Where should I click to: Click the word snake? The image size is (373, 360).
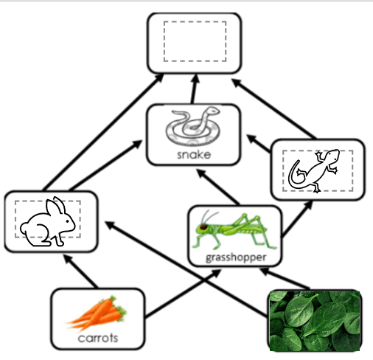point(194,155)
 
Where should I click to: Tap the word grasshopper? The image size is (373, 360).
point(236,257)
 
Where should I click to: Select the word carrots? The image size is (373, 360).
point(98,338)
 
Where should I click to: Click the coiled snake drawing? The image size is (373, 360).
point(193,125)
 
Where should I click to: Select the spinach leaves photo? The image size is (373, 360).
point(315,321)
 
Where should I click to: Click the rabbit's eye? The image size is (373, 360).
point(67,221)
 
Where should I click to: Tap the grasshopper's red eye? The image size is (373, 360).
point(203,226)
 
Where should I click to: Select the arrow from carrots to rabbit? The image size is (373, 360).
point(80,271)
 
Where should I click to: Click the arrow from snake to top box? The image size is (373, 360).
point(194,89)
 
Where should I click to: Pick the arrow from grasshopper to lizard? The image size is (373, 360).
point(297,218)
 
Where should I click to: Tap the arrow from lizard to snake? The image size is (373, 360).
point(259,143)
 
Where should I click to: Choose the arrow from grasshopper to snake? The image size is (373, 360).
point(217,187)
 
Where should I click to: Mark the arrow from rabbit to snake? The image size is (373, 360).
point(106,165)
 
